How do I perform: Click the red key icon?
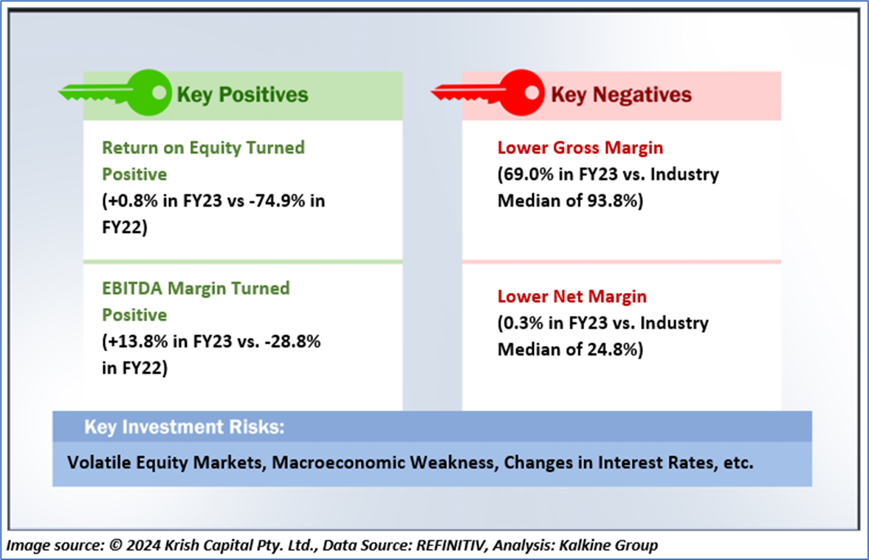click(489, 92)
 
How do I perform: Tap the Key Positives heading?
click(241, 94)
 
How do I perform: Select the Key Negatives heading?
click(621, 94)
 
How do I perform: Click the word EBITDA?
click(130, 288)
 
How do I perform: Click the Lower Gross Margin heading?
click(580, 148)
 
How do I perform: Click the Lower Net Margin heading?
click(572, 297)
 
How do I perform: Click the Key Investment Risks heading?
click(184, 427)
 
